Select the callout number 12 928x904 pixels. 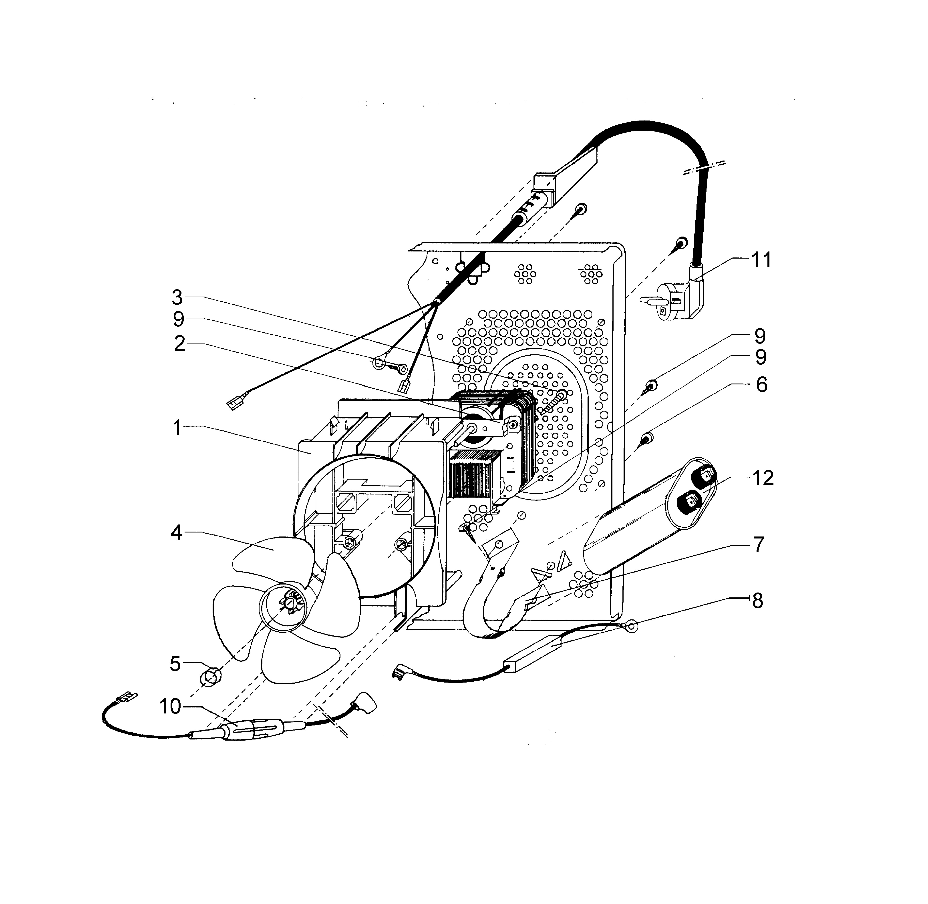[763, 478]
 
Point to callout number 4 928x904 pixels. [176, 533]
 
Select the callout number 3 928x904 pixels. [177, 298]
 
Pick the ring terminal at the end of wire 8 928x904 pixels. [631, 627]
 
